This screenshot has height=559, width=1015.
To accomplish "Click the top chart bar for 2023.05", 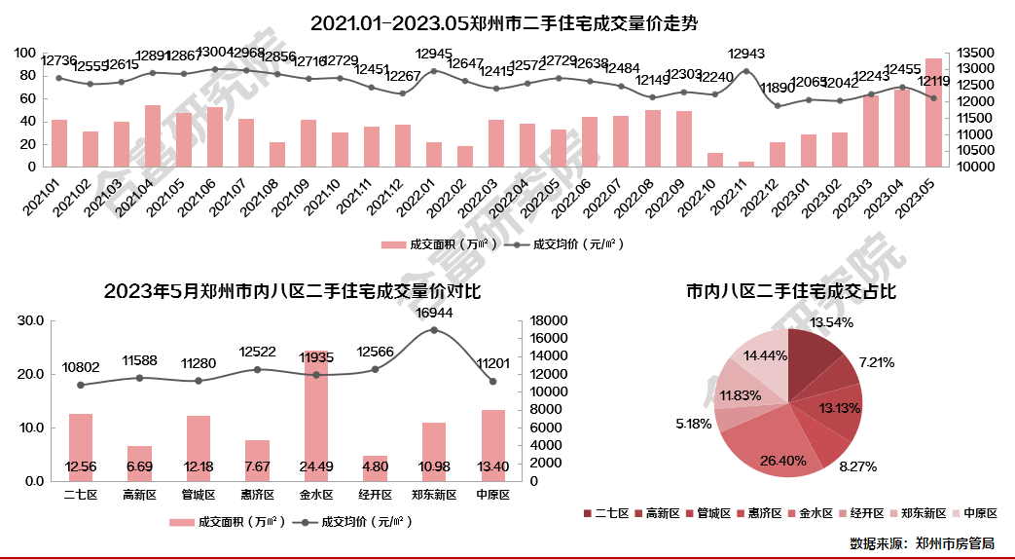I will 933,112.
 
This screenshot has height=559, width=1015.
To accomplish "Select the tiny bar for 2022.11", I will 746,164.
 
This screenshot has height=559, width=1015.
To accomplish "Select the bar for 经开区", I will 376,468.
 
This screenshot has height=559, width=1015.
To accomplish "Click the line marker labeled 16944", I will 434,330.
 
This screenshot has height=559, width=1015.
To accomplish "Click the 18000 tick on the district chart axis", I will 548,320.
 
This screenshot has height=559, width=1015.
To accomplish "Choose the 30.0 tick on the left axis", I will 31,320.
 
